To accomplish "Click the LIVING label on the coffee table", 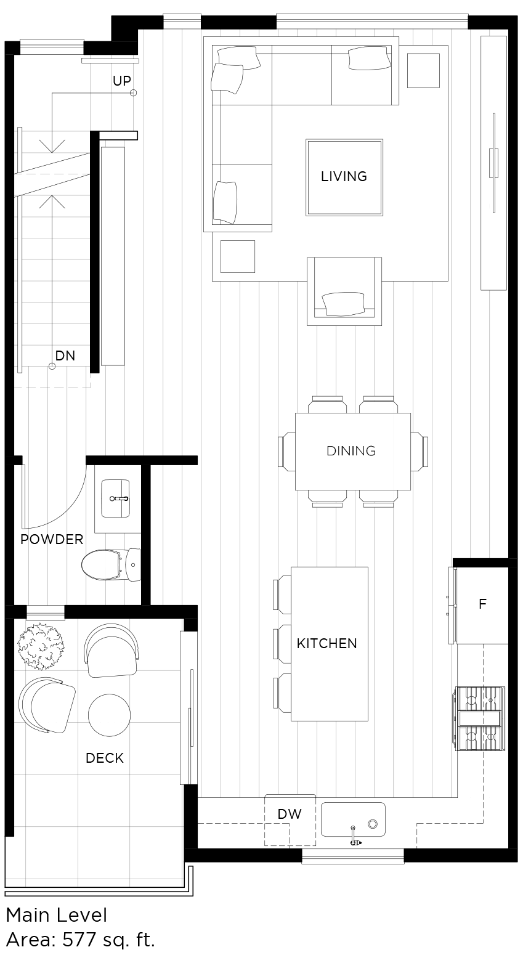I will point(344,176).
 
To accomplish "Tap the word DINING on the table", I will point(351,451).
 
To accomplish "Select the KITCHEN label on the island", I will point(326,643).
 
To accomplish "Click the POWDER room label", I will point(52,540).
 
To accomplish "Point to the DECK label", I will point(105,758).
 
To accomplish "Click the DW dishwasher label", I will point(290,814).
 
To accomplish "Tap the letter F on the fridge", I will point(482,604).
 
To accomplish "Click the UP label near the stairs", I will point(122,81).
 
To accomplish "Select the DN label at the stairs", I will point(65,356).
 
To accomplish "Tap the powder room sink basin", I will point(116,498).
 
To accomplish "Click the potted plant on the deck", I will point(41,646).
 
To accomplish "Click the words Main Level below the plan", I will point(56,915).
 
